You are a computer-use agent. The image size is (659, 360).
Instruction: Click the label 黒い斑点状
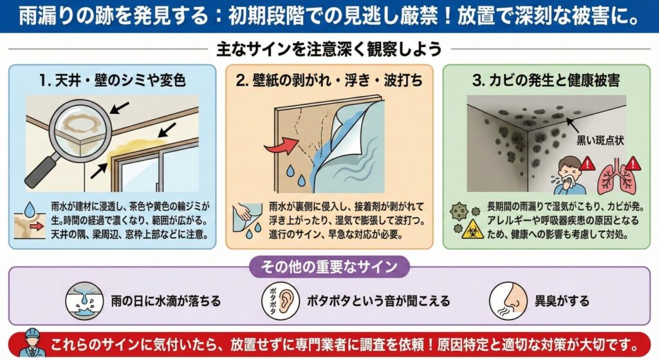coord(600,140)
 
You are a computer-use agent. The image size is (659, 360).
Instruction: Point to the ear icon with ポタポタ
coord(281,301)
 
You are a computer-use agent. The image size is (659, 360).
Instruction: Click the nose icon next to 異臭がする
coord(508,301)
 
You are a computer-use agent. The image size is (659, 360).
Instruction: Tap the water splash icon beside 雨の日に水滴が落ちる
coord(84,301)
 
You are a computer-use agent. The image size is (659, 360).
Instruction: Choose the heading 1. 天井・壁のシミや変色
coord(113,80)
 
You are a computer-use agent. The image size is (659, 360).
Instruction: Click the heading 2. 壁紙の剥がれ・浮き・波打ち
coord(329,80)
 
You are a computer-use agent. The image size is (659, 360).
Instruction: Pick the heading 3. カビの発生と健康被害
coord(546,80)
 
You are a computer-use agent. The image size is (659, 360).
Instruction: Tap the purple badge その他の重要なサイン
coord(329,267)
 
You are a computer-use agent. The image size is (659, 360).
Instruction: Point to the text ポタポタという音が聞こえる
coord(378,301)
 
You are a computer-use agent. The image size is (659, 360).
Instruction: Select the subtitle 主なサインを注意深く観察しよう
coord(329,49)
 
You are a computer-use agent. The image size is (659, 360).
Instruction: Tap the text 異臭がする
coord(562,301)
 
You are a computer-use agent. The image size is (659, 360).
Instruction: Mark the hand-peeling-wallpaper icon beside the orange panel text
coord(248,221)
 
